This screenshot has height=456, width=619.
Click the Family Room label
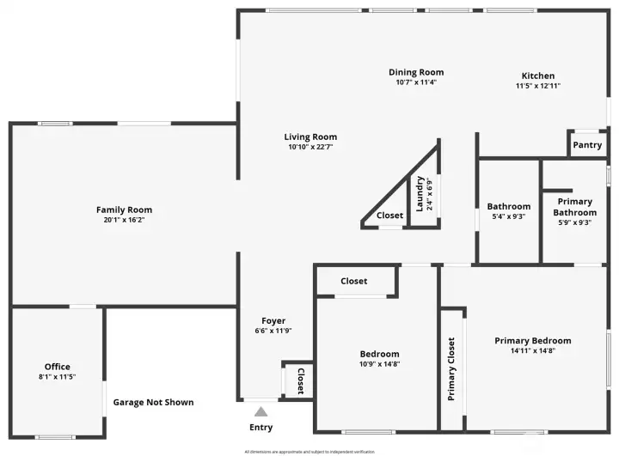point(124,210)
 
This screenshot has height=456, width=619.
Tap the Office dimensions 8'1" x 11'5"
point(58,377)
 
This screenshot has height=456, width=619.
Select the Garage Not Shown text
point(153,402)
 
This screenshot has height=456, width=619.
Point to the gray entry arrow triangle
point(260,412)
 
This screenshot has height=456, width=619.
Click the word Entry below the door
point(260,428)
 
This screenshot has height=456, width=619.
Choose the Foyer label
point(273,321)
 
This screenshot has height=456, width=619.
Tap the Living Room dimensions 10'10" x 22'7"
point(310,147)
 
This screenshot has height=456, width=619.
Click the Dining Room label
point(416,72)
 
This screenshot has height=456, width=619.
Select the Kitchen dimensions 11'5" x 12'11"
point(538,86)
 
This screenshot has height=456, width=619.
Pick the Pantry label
point(587,145)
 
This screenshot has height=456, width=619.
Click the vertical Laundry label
point(420,193)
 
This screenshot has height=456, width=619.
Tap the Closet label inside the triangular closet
point(389,216)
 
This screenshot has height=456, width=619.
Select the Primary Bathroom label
point(574,207)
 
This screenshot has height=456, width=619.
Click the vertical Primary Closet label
point(451,369)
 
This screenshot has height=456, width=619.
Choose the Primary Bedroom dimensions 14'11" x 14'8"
point(532,351)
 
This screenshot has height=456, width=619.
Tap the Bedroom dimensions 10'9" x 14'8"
point(379,364)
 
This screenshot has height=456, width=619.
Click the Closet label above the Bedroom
point(353,281)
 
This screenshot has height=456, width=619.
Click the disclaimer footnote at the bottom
point(310,452)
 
